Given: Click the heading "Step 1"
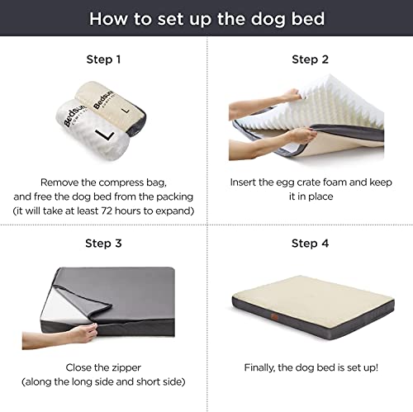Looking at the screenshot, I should coord(103,59).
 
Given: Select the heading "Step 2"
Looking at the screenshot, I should coord(310,59).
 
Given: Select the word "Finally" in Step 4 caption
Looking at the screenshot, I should coord(264,367).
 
